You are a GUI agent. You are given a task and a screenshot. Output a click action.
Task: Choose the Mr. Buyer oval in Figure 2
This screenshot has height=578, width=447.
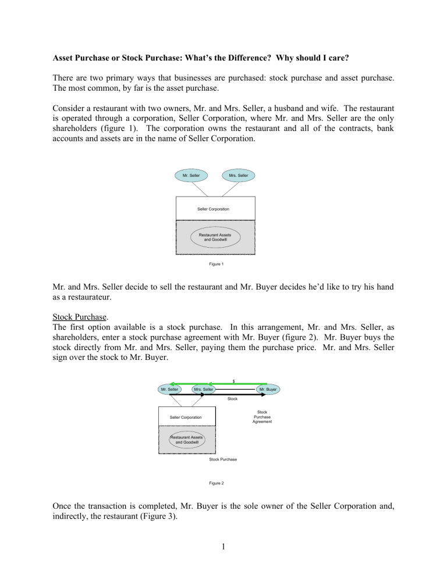(268, 389)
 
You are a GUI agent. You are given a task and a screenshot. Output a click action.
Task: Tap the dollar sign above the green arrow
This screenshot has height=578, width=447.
(233, 381)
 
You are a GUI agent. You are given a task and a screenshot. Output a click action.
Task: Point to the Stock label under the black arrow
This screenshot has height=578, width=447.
(232, 399)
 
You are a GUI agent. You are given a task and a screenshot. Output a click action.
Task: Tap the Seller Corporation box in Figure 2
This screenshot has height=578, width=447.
(186, 417)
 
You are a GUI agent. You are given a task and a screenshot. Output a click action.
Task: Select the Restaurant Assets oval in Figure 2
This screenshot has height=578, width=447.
(187, 440)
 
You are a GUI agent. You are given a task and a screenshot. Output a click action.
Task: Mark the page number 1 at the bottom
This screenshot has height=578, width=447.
(224, 562)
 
